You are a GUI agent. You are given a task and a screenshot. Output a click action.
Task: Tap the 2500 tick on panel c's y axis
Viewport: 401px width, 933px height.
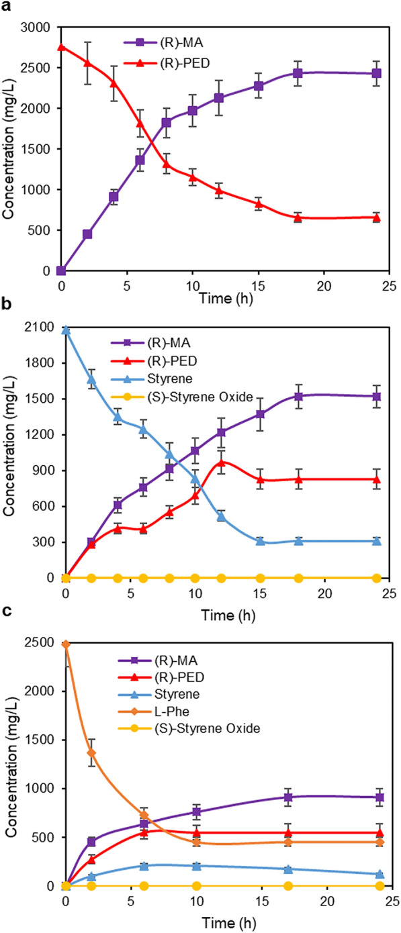(x=42, y=642)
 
